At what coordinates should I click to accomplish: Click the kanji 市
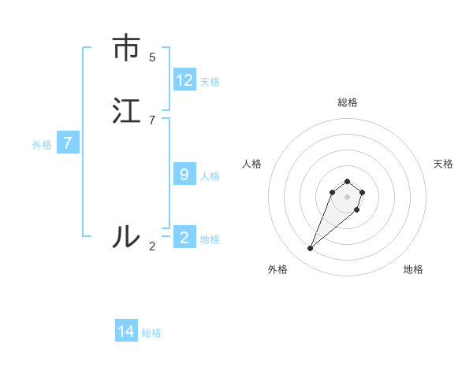pyautogui.click(x=126, y=49)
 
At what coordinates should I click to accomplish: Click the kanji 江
pyautogui.click(x=126, y=111)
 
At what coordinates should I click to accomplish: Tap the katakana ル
pyautogui.click(x=126, y=236)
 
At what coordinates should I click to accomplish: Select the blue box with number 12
pyautogui.click(x=184, y=80)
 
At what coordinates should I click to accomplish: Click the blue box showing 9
pyautogui.click(x=184, y=174)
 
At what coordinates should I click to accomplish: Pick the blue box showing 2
pyautogui.click(x=184, y=237)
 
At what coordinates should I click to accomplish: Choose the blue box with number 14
pyautogui.click(x=126, y=331)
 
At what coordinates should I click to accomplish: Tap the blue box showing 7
pyautogui.click(x=68, y=143)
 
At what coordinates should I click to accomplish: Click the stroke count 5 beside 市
pyautogui.click(x=152, y=57)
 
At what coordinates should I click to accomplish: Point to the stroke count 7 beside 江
pyautogui.click(x=152, y=120)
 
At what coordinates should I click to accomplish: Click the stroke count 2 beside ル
pyautogui.click(x=152, y=246)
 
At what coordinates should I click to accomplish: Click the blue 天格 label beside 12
pyautogui.click(x=210, y=81)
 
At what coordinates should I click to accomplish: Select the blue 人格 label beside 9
pyautogui.click(x=210, y=176)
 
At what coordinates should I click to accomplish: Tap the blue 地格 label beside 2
pyautogui.click(x=210, y=239)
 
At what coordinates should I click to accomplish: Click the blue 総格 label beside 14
pyautogui.click(x=151, y=333)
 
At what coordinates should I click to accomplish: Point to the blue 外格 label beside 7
pyautogui.click(x=42, y=145)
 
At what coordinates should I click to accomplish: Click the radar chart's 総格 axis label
pyautogui.click(x=347, y=102)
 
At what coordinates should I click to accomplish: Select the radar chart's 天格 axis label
pyautogui.click(x=443, y=164)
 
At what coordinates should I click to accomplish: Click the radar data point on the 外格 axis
pyautogui.click(x=311, y=249)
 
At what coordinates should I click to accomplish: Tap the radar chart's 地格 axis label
pyautogui.click(x=413, y=270)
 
